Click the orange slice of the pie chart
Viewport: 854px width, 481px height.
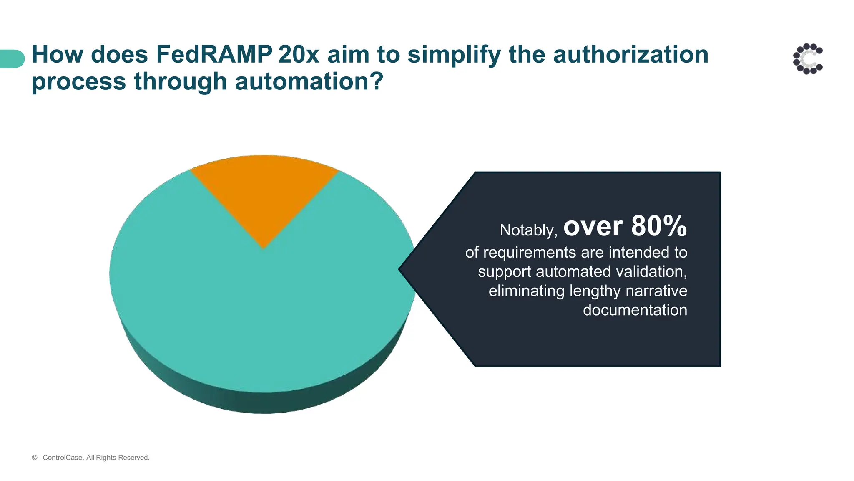coord(264,192)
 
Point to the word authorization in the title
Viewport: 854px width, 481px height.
coord(630,55)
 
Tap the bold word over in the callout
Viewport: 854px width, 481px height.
coord(593,227)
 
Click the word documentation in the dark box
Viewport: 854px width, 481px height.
coord(635,310)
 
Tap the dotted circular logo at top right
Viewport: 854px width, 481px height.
coord(808,59)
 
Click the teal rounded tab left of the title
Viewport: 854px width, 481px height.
coord(12,59)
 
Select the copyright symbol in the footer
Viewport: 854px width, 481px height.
coord(35,458)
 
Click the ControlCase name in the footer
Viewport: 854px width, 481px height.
coord(63,458)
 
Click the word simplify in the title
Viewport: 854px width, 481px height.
coord(455,55)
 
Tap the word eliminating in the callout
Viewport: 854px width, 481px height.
coord(526,291)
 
